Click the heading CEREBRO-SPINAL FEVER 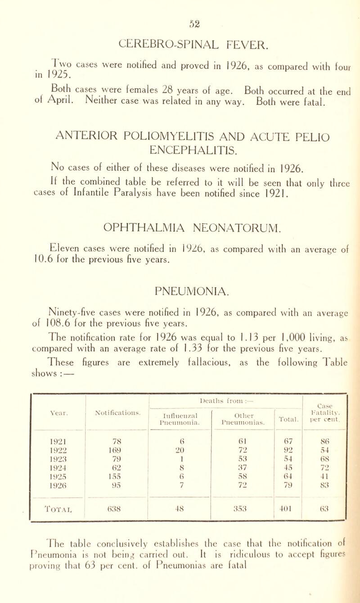pos(180,32)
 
